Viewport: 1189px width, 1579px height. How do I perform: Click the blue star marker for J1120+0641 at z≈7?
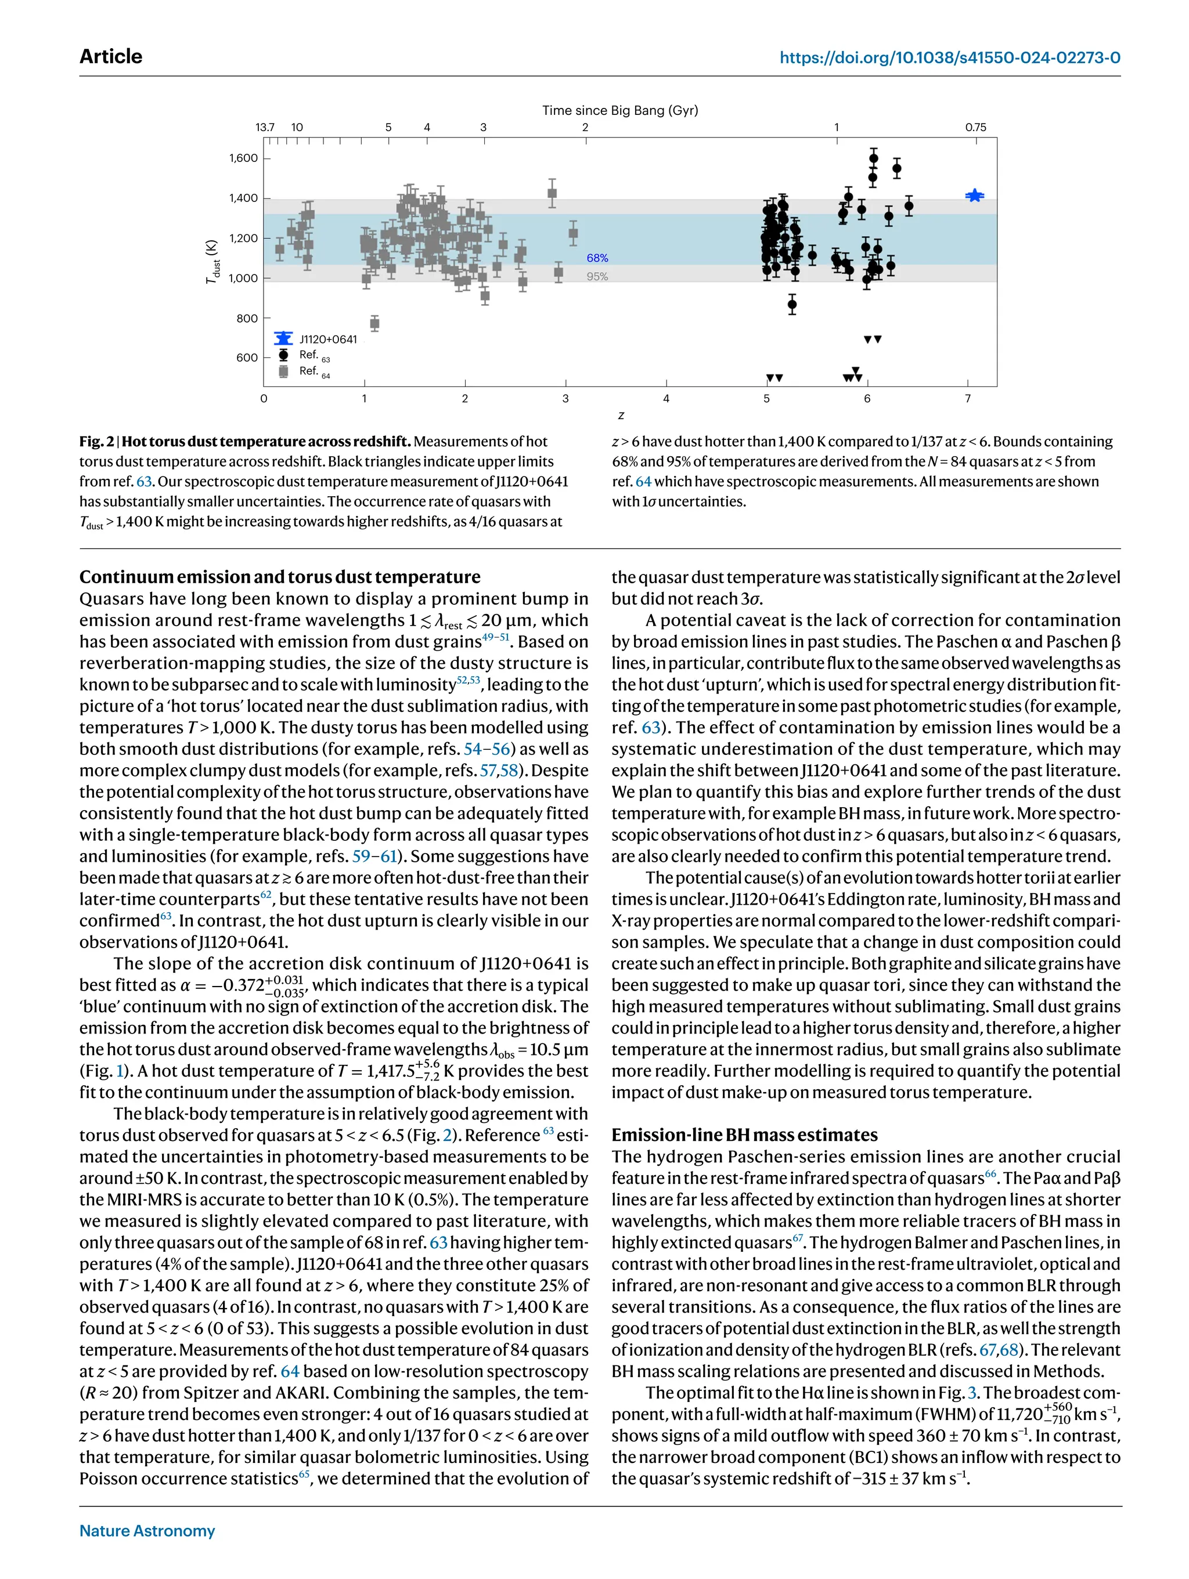(974, 196)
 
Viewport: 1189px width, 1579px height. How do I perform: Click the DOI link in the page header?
(949, 57)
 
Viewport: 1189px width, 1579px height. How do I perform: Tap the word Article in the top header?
(111, 56)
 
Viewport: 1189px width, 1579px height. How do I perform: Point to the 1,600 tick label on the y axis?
(243, 158)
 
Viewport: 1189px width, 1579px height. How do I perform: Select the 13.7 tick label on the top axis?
(265, 127)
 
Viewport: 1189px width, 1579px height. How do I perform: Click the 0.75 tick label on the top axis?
(975, 127)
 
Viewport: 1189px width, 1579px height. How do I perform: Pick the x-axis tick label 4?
(666, 398)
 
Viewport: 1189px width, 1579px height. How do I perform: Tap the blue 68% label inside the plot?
(597, 258)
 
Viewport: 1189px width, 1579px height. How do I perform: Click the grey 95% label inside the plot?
(597, 276)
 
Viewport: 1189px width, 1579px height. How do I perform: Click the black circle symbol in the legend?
(283, 355)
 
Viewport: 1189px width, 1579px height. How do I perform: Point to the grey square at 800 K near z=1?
(375, 323)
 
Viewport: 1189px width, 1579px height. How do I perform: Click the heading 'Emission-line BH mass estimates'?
(744, 1135)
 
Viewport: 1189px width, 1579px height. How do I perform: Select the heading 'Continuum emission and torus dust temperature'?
(280, 577)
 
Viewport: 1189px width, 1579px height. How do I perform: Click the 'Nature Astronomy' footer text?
(147, 1530)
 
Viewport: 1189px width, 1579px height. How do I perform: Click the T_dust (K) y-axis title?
(212, 261)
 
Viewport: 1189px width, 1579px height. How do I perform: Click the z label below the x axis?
(621, 415)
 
